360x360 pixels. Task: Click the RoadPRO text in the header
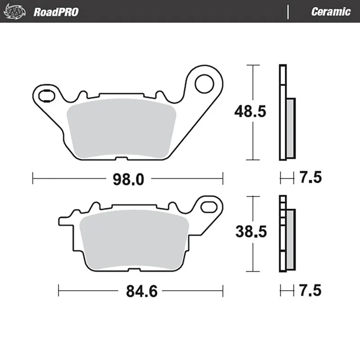tap(56, 12)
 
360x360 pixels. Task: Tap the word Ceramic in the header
tap(330, 12)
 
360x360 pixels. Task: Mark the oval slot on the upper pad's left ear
tap(45, 95)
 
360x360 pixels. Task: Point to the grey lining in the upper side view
tap(290, 128)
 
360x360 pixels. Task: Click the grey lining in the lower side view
tap(290, 238)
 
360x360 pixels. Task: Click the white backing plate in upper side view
tap(282, 112)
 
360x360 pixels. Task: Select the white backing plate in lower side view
tap(282, 234)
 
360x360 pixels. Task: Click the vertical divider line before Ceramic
tap(287, 12)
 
